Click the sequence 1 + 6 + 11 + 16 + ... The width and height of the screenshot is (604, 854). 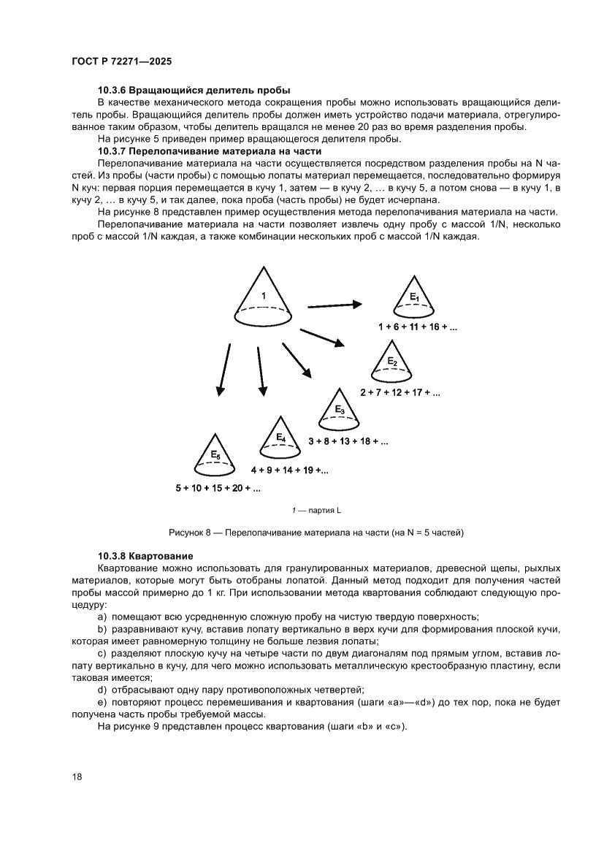tap(417, 327)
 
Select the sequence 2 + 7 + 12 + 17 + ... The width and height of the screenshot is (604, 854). tap(400, 392)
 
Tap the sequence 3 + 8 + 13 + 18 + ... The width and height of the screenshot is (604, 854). tap(348, 441)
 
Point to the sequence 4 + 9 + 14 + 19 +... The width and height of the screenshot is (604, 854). tap(289, 470)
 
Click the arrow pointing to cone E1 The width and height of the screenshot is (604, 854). tap(335, 305)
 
